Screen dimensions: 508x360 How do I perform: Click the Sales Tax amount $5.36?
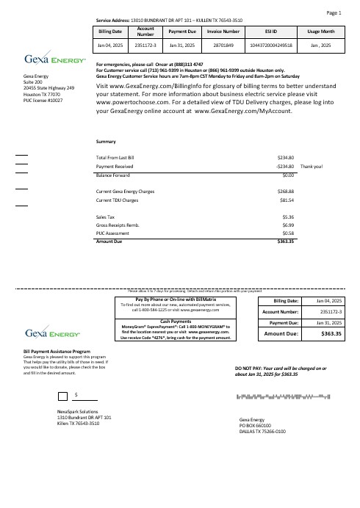click(x=288, y=217)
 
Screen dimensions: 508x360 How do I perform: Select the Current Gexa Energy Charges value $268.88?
click(x=286, y=192)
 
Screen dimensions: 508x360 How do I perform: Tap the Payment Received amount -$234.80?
click(x=284, y=167)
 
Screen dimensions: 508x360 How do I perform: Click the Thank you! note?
click(x=312, y=167)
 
